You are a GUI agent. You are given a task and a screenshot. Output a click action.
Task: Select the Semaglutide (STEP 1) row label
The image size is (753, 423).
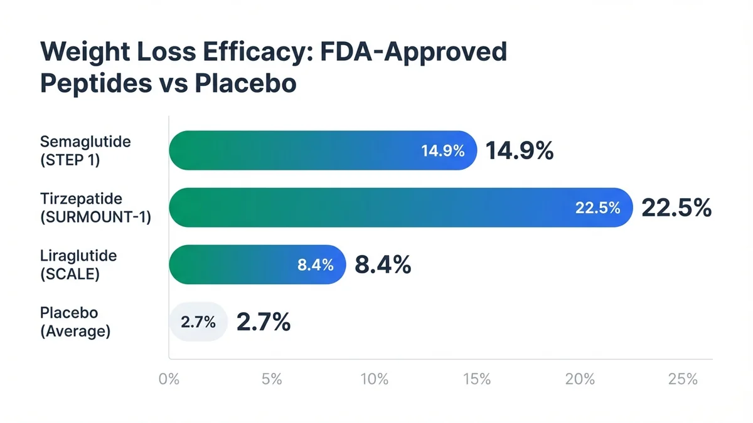(85, 150)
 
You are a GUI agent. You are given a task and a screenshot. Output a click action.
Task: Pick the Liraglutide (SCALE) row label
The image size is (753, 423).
(78, 264)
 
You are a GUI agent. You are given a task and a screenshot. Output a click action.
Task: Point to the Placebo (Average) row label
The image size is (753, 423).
(75, 322)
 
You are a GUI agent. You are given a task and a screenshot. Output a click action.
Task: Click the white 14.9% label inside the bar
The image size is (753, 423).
(443, 151)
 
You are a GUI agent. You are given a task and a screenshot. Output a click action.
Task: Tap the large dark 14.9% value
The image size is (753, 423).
(520, 151)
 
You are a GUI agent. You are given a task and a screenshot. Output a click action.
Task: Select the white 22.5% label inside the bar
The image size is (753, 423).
(598, 208)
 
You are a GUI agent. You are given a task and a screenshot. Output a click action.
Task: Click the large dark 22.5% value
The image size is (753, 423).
(676, 208)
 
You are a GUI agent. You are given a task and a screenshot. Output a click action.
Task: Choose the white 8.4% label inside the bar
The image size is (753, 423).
(315, 265)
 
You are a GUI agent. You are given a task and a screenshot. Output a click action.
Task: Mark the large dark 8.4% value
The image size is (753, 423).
(383, 265)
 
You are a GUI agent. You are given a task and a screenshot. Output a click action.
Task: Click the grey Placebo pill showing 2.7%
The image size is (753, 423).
(198, 323)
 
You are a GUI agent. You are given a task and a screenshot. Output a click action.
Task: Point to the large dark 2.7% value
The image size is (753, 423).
(263, 323)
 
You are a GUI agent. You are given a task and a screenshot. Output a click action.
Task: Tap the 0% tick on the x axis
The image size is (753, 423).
(169, 379)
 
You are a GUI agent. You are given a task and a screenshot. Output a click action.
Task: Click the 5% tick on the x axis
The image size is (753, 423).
(272, 379)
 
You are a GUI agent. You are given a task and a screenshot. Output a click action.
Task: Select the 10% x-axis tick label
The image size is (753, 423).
(374, 379)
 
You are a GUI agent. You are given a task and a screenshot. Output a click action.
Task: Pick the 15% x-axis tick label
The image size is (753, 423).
(477, 379)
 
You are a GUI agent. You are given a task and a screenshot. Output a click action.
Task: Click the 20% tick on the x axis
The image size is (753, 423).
(580, 379)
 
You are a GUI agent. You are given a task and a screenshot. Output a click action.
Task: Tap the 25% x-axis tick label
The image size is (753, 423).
(683, 379)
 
